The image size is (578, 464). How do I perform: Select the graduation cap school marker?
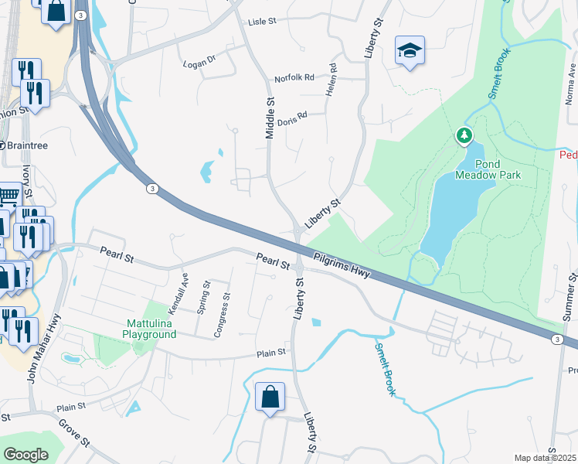point(410,51)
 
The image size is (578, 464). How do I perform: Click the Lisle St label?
point(261,22)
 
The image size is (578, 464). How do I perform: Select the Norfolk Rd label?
point(294,78)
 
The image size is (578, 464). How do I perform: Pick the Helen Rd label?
point(331,80)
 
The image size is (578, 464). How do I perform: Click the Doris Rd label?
point(292,118)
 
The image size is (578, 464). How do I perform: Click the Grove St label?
point(75,436)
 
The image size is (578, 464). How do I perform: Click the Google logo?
point(25,455)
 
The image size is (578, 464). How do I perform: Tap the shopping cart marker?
point(8,195)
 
